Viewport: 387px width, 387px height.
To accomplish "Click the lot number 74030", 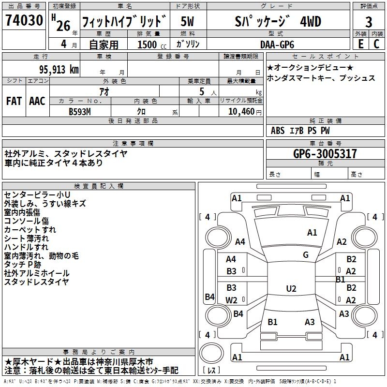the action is [24, 21].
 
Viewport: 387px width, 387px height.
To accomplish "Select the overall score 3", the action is [369, 22].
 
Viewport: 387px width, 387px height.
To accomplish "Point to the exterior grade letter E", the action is [360, 44].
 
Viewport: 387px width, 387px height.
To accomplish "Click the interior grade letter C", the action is [377, 44].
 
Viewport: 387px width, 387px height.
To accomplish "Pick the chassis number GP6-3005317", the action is [325, 154].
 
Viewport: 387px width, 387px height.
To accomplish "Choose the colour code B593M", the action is [80, 111].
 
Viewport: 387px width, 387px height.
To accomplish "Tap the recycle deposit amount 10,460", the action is [240, 111].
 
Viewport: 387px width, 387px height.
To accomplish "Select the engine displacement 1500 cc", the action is [148, 45].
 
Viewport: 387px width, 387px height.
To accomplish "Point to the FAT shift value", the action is [14, 101].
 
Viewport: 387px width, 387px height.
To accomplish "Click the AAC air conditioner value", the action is [37, 101].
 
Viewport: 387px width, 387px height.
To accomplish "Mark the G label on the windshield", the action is [306, 254].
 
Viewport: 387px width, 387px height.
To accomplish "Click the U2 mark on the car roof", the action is [291, 289].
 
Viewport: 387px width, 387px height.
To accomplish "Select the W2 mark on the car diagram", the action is [232, 300].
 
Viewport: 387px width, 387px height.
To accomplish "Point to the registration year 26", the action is [63, 25].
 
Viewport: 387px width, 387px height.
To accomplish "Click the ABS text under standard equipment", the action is [278, 131].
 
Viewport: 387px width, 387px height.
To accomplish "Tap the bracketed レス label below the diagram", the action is [213, 371].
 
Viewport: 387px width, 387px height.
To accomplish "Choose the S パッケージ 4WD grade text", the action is [277, 22].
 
